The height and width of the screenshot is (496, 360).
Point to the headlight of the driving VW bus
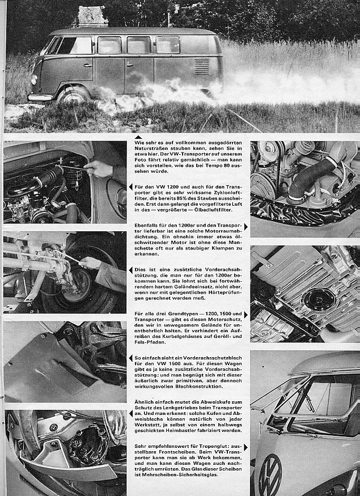(x=34, y=79)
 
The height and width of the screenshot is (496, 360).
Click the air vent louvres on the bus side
(x=202, y=66)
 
